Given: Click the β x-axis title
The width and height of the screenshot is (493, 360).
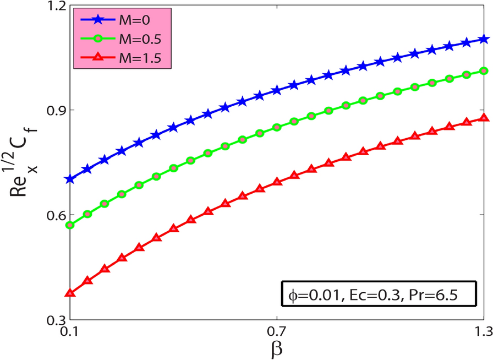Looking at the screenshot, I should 277,349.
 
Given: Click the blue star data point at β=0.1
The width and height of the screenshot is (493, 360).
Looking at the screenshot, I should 69,179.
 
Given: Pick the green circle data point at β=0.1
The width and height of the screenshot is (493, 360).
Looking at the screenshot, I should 69,225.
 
